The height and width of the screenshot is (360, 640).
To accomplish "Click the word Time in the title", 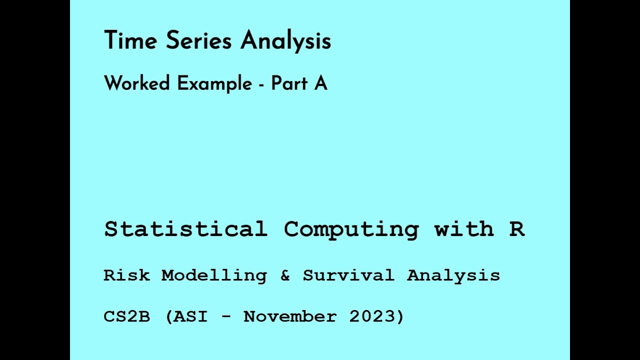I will click(x=130, y=40).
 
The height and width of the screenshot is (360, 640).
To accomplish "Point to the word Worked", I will click(x=137, y=83).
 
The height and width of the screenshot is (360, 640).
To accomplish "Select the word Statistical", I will click(x=185, y=229).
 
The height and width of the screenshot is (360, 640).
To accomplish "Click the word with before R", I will click(x=464, y=229).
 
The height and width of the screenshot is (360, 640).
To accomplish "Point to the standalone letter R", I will click(x=517, y=229).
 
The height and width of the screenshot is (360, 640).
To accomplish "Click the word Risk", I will click(x=126, y=275).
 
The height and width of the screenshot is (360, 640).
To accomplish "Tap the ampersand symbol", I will click(x=285, y=275).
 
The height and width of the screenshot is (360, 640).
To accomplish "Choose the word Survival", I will click(x=348, y=275).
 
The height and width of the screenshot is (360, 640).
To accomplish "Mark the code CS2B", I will click(x=126, y=316).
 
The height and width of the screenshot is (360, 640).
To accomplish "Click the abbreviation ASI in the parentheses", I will click(x=190, y=316).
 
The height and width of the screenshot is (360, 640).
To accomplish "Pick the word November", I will click(x=290, y=316).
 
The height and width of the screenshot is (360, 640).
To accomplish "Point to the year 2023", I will click(x=373, y=316).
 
